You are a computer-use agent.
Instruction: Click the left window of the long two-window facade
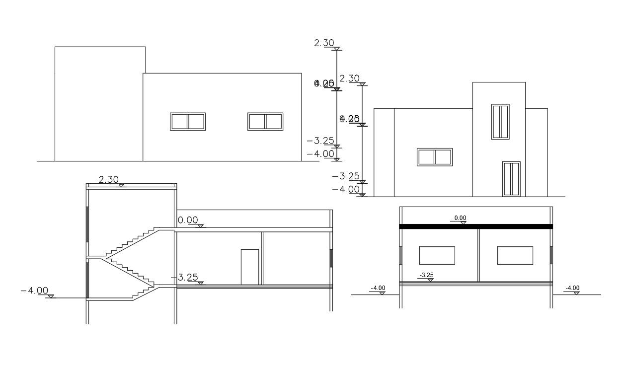[188, 122]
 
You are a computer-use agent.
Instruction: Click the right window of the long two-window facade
[265, 122]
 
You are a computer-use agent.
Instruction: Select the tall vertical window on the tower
[500, 122]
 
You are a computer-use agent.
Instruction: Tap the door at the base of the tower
[511, 179]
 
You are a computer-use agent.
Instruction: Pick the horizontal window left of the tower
[435, 157]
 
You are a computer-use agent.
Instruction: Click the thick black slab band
[476, 226]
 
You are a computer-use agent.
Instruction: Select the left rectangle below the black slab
[437, 255]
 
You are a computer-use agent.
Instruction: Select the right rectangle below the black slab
[515, 255]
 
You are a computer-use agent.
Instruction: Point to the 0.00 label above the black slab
[461, 218]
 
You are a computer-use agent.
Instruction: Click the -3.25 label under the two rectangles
[426, 275]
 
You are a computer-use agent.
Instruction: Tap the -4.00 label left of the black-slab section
[378, 288]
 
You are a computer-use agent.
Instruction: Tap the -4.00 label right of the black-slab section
[572, 288]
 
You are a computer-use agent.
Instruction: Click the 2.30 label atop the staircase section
[108, 180]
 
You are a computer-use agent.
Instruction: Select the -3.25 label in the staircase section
[187, 277]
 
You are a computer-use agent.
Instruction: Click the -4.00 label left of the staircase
[35, 291]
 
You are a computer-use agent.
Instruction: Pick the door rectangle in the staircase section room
[250, 267]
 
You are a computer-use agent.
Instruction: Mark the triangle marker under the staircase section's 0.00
[200, 226]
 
